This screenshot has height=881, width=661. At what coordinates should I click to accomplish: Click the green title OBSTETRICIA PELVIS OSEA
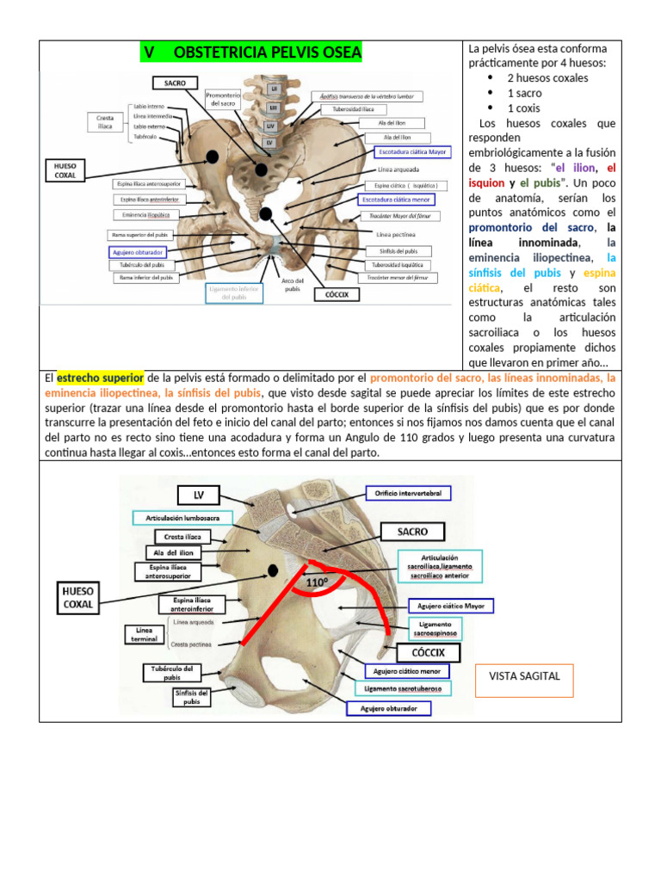(x=252, y=53)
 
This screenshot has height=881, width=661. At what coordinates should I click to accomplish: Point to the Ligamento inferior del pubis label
(x=235, y=293)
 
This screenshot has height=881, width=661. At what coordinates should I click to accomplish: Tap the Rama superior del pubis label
(x=139, y=235)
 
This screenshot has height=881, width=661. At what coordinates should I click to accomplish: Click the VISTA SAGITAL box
(x=524, y=676)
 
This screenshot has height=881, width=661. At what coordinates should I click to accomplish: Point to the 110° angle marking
(x=317, y=582)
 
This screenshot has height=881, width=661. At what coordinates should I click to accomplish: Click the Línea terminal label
(x=139, y=635)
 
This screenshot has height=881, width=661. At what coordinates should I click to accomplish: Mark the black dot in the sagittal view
(x=273, y=570)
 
